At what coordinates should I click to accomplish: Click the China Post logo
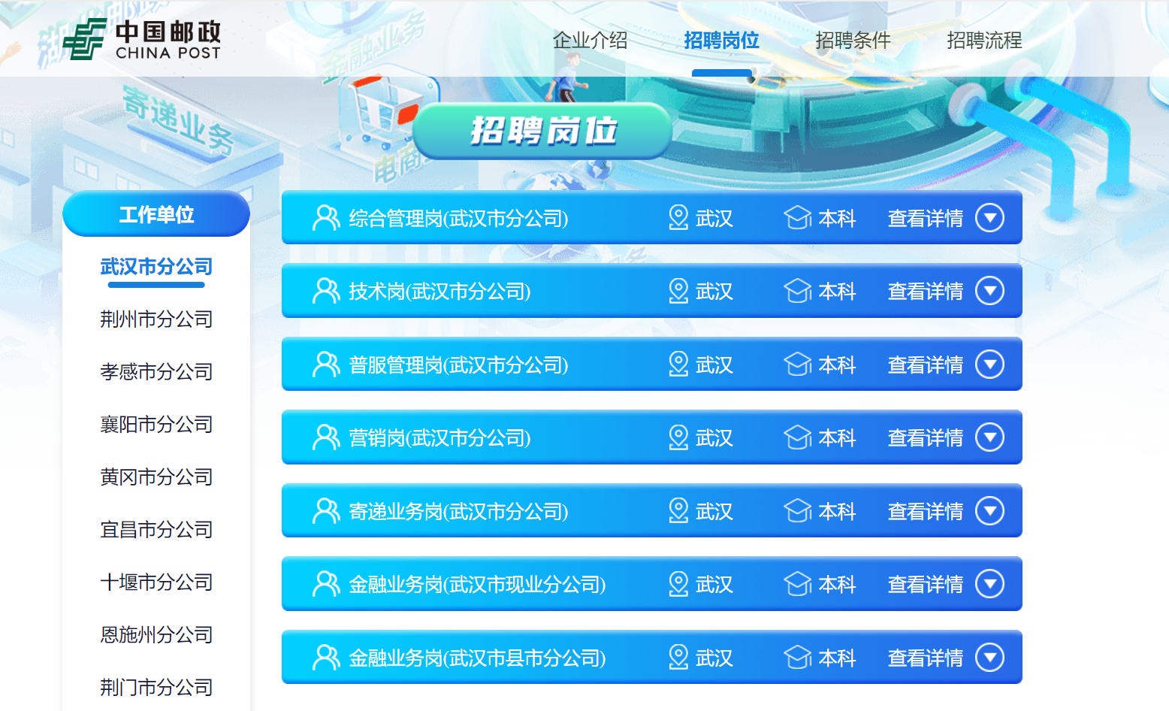(x=142, y=39)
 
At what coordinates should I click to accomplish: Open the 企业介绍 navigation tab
(x=591, y=40)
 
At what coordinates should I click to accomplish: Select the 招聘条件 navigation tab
(x=853, y=40)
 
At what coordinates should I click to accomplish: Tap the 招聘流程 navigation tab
(x=984, y=40)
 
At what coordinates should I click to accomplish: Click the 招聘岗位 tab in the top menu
(x=721, y=40)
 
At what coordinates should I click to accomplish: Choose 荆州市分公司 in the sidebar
(x=156, y=319)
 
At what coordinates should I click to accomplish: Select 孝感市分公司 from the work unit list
(x=156, y=372)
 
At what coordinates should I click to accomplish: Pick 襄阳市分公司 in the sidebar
(x=156, y=425)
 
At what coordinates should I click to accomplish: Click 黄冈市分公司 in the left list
(x=156, y=477)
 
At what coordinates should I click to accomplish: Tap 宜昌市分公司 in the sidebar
(x=156, y=530)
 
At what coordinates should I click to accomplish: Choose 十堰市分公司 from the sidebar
(x=156, y=582)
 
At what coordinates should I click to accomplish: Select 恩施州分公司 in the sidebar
(x=156, y=635)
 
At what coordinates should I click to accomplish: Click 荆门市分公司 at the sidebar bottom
(x=156, y=688)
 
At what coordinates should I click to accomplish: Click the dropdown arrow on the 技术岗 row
(x=990, y=291)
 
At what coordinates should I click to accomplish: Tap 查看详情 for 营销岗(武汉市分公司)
(x=926, y=437)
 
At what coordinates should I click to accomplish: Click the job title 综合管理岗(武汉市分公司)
(x=459, y=218)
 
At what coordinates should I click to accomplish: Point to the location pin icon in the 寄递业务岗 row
(x=678, y=510)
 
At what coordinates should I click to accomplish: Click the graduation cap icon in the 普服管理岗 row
(x=797, y=364)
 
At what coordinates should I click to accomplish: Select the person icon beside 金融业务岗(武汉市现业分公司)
(x=326, y=584)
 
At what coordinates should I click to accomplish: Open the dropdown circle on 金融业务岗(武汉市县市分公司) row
(x=990, y=657)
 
